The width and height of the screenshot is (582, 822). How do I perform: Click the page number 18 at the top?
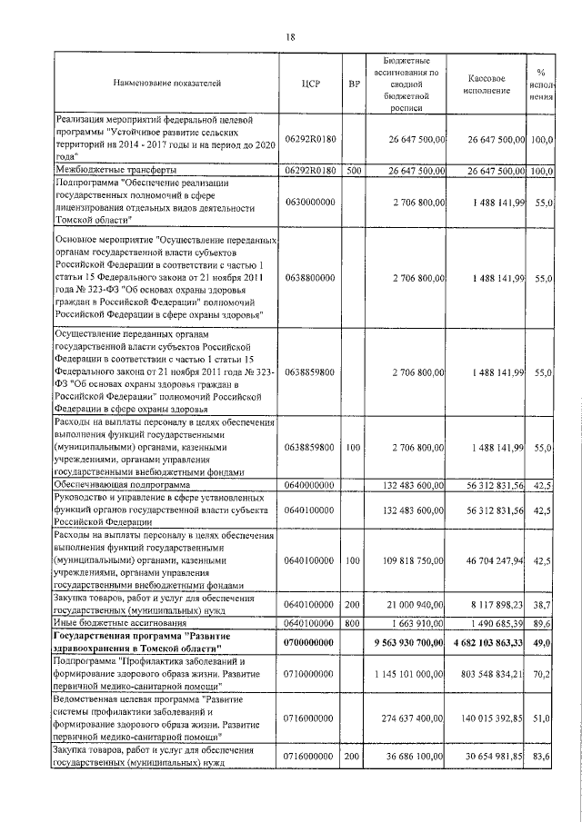[x=290, y=37]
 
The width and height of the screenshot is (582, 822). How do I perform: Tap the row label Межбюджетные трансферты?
[x=115, y=170]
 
